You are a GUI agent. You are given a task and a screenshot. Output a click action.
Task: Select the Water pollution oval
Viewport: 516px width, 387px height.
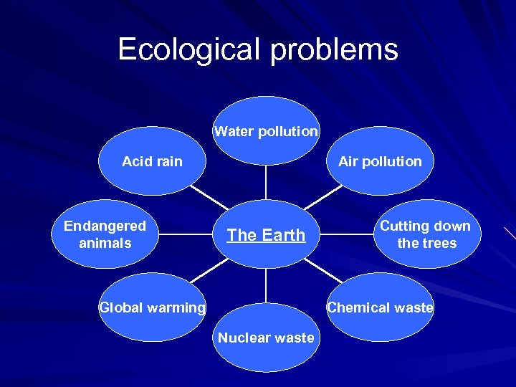click(x=266, y=131)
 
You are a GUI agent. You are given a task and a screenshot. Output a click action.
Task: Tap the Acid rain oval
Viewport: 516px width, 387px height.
click(x=152, y=161)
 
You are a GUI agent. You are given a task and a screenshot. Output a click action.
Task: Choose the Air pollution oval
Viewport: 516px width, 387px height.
click(x=380, y=161)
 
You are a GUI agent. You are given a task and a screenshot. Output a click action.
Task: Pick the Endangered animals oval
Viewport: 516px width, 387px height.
click(x=105, y=234)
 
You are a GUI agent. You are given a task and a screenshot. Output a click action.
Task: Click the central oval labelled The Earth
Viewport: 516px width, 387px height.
click(x=266, y=234)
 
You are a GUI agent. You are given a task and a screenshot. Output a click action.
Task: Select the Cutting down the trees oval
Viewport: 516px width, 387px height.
click(x=426, y=234)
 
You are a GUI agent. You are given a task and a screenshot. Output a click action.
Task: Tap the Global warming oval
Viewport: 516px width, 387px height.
click(x=152, y=307)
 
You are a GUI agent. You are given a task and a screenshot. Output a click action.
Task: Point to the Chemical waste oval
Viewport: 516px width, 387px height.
click(x=380, y=307)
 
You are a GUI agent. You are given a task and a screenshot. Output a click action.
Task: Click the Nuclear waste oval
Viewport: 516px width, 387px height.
click(x=266, y=338)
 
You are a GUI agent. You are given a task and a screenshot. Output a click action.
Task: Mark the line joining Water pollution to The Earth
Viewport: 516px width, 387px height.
click(x=266, y=182)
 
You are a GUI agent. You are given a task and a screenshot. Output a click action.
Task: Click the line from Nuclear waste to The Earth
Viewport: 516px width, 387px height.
click(x=266, y=285)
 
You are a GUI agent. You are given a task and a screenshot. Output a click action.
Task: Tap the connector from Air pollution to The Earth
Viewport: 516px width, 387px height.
click(x=324, y=198)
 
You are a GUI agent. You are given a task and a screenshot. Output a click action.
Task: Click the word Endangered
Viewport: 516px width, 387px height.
click(x=105, y=226)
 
